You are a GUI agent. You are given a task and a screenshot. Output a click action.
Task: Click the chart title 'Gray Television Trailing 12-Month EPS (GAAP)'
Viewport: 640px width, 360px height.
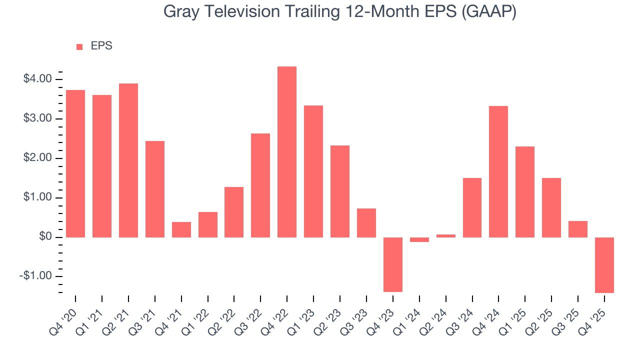pos(340,12)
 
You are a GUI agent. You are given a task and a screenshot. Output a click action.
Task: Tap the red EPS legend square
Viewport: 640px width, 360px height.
pos(79,47)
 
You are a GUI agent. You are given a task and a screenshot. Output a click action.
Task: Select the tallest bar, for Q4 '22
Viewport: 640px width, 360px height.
pos(287,152)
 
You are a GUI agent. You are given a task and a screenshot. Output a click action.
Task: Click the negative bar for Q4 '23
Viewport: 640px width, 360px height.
pos(393,264)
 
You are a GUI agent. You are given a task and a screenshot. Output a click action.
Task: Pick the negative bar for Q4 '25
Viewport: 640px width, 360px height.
pos(604,265)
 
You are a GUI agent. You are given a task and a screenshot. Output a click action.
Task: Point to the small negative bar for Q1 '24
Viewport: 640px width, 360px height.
pos(419,239)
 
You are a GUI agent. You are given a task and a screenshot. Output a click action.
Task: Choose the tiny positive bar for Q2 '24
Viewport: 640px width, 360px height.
pos(445,235)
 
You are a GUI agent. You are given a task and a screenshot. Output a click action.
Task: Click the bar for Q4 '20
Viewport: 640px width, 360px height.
pos(75,163)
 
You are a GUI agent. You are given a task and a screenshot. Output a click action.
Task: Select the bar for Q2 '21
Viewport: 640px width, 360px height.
pos(128,160)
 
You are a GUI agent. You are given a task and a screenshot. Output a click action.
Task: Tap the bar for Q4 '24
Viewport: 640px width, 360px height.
pos(498,171)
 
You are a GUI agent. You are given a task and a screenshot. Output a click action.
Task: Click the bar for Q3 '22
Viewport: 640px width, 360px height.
pos(260,185)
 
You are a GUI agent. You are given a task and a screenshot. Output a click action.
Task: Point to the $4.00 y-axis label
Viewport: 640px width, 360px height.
pos(37,79)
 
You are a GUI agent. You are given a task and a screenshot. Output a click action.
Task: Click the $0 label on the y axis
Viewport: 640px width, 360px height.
pos(45,237)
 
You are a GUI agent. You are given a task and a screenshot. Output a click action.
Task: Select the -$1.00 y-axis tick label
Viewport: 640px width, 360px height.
pos(36,276)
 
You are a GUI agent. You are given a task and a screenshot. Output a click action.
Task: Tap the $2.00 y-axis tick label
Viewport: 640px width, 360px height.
pos(37,158)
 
